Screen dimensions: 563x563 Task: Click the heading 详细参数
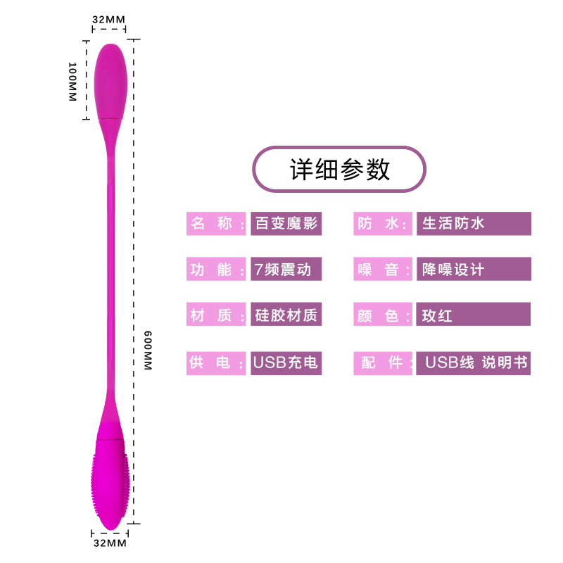pos(340,170)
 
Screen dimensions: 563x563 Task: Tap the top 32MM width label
pos(109,20)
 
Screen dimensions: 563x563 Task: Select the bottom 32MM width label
pos(109,543)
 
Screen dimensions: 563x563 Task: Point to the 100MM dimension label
pos(72,82)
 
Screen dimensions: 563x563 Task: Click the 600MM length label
pos(148,351)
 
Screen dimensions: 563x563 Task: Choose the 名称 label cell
pos(216,224)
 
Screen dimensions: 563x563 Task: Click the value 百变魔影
pos(286,224)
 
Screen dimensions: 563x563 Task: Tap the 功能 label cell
pos(216,269)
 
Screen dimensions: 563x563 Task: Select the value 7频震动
pos(286,269)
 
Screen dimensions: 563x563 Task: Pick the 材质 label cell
pos(216,315)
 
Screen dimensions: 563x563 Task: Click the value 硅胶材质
pos(286,315)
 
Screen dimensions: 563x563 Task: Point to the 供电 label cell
pos(216,362)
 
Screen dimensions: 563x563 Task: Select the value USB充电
pos(286,362)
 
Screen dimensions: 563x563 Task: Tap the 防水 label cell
pos(383,224)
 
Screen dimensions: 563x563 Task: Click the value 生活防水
pos(473,224)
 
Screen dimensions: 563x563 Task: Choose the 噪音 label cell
pos(383,269)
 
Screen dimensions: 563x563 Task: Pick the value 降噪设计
pos(473,269)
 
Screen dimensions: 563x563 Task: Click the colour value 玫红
pos(473,315)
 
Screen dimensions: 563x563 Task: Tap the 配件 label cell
pos(383,362)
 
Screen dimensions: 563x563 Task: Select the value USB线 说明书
pos(473,362)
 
